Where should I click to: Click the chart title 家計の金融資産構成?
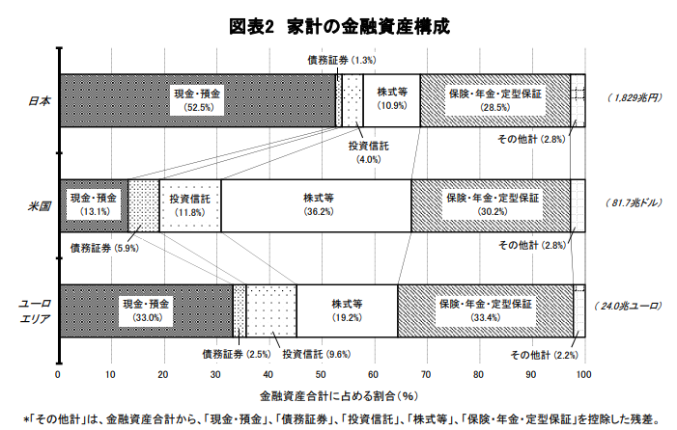368,26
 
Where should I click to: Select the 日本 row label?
40,101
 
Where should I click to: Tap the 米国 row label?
40,206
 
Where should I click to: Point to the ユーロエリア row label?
35,311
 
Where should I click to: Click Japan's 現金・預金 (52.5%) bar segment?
198,100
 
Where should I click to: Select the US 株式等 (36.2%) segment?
316,205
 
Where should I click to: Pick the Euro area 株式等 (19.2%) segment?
347,310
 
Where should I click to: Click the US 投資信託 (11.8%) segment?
190,205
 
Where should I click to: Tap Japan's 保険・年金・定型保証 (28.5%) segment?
495,100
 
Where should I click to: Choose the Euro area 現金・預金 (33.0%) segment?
147,310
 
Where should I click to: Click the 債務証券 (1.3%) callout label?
342,60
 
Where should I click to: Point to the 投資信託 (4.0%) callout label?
369,152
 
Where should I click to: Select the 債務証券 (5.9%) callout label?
104,248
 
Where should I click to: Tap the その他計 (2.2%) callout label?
544,355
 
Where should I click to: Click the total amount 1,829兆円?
635,98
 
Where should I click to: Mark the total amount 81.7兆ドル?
634,202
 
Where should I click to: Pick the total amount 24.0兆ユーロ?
628,307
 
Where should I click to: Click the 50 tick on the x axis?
321,374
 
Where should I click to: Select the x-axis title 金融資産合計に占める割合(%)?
339,396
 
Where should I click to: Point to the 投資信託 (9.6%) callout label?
317,354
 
